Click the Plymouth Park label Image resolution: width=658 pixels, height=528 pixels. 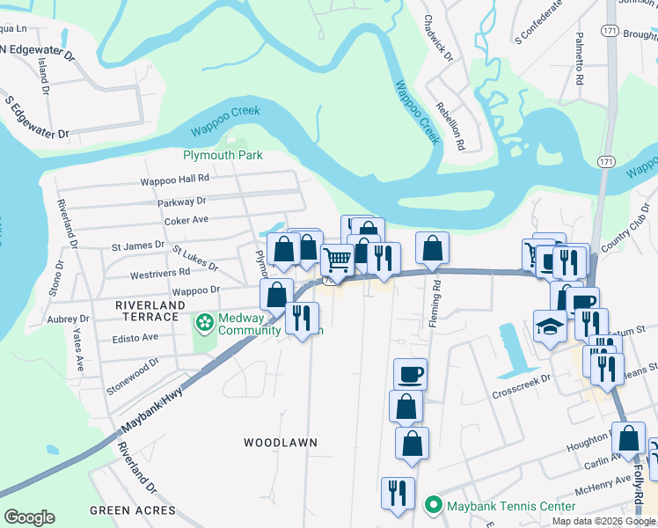(x=223, y=155)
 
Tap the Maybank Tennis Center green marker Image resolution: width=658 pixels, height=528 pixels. (x=432, y=506)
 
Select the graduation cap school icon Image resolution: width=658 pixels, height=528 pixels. (x=551, y=326)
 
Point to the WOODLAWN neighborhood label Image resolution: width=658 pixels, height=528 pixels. (x=280, y=442)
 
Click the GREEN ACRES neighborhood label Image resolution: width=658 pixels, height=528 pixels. (x=132, y=510)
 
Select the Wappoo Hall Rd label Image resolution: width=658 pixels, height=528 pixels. (x=173, y=182)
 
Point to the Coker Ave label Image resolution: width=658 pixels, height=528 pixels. (x=186, y=220)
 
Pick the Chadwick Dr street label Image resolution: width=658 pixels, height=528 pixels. (x=437, y=37)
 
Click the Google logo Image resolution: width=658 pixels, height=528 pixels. (x=29, y=517)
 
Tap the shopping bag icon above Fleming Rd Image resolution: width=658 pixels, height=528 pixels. (x=432, y=249)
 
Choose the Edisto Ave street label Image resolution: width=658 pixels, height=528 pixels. (x=135, y=336)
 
